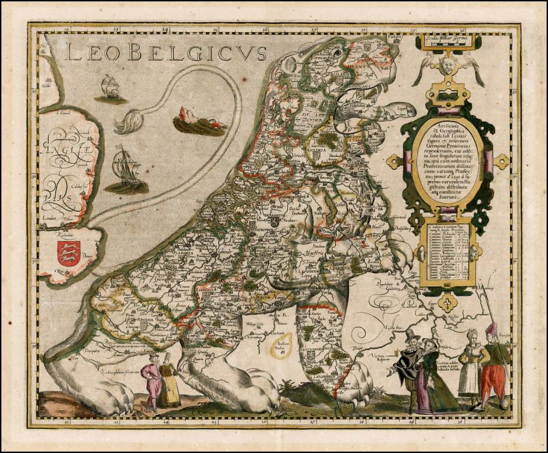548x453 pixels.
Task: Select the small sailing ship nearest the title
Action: point(110,88)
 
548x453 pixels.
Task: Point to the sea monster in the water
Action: point(199,122)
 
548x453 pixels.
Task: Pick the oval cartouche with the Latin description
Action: point(446,160)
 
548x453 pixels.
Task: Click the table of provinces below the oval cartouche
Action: point(447,254)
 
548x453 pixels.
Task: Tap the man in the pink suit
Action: point(152,384)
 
